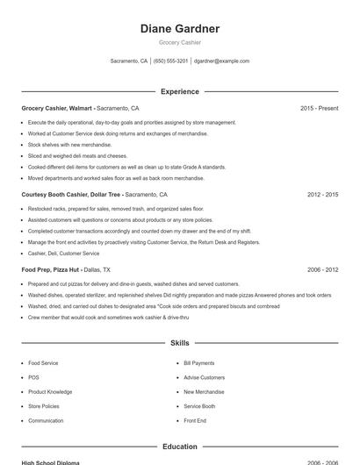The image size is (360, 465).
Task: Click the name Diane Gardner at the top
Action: click(x=180, y=29)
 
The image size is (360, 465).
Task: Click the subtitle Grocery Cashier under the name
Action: click(x=180, y=42)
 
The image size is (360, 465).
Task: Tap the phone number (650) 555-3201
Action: click(x=170, y=61)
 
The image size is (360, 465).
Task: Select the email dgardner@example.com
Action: click(x=221, y=61)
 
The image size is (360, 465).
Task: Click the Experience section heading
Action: click(x=180, y=91)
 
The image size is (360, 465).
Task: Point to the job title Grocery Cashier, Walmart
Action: click(x=56, y=108)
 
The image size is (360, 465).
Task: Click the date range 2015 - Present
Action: click(x=319, y=108)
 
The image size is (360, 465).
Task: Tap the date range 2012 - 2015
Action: click(x=322, y=195)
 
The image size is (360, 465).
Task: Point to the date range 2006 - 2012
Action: click(x=322, y=270)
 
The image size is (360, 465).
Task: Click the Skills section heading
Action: click(x=180, y=343)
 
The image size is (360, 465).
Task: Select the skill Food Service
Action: click(x=43, y=363)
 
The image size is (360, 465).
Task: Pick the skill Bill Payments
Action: click(x=198, y=363)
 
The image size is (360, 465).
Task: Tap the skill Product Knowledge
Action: click(x=50, y=392)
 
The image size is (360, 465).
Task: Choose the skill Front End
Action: click(x=195, y=421)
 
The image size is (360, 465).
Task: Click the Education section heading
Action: click(x=180, y=447)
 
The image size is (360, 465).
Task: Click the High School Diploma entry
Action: click(x=50, y=461)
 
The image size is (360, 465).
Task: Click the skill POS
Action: click(x=33, y=377)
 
